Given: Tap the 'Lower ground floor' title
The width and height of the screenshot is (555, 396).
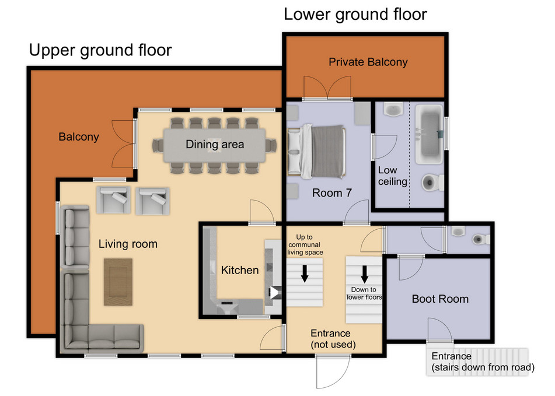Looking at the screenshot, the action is click(355, 15).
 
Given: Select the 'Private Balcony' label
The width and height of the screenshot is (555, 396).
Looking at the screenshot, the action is click(368, 62).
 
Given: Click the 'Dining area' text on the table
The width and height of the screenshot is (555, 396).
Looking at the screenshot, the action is click(215, 144).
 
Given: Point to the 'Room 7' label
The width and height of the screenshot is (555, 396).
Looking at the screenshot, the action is click(332, 193).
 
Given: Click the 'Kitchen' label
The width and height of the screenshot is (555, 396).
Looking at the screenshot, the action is click(240, 270).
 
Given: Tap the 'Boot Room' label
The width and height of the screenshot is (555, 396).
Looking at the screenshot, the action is click(440, 299).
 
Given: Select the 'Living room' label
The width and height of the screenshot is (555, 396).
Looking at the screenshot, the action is click(128, 244).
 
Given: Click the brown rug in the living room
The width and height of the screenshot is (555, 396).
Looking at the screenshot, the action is click(118, 282).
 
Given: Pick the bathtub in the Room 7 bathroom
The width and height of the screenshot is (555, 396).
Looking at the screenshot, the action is click(429, 134).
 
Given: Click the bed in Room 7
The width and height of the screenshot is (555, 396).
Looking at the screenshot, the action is click(316, 151).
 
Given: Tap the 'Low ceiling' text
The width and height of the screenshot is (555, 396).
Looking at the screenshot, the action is click(392, 176).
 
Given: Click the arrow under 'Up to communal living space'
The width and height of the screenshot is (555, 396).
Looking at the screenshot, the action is click(305, 274).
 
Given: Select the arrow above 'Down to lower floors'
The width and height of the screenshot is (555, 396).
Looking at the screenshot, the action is click(364, 274).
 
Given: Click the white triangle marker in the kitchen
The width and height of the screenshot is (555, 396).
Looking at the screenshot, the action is click(274, 292).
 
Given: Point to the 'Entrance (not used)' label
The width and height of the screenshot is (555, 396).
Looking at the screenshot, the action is click(333, 339).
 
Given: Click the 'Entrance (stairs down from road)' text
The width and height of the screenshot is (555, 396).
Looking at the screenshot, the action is click(483, 362).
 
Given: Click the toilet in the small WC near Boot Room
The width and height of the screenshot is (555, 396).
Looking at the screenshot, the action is click(481, 239).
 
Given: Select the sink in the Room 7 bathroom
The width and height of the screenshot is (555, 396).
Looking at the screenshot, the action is click(393, 109).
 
